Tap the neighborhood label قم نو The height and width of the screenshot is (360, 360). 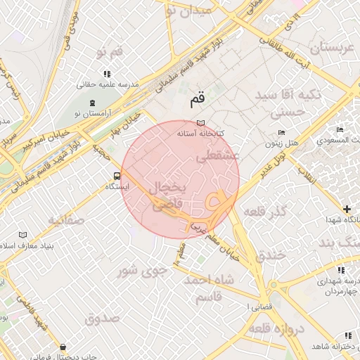coord(110,53)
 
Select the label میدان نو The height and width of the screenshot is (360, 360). coord(186,11)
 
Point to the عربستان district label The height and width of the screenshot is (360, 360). coord(325,49)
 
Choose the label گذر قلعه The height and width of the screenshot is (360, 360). coord(266,212)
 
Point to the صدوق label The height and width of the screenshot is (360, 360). coord(103,319)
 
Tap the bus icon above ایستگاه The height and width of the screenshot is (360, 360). coord(116,176)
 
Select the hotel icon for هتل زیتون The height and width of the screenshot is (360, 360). coord(282,132)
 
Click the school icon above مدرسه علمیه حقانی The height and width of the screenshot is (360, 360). coord(107,73)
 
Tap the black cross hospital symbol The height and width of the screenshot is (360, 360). coord(347,209)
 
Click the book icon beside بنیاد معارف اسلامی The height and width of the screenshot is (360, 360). coord(23,235)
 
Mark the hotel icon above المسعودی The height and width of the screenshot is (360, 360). coord(340,130)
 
